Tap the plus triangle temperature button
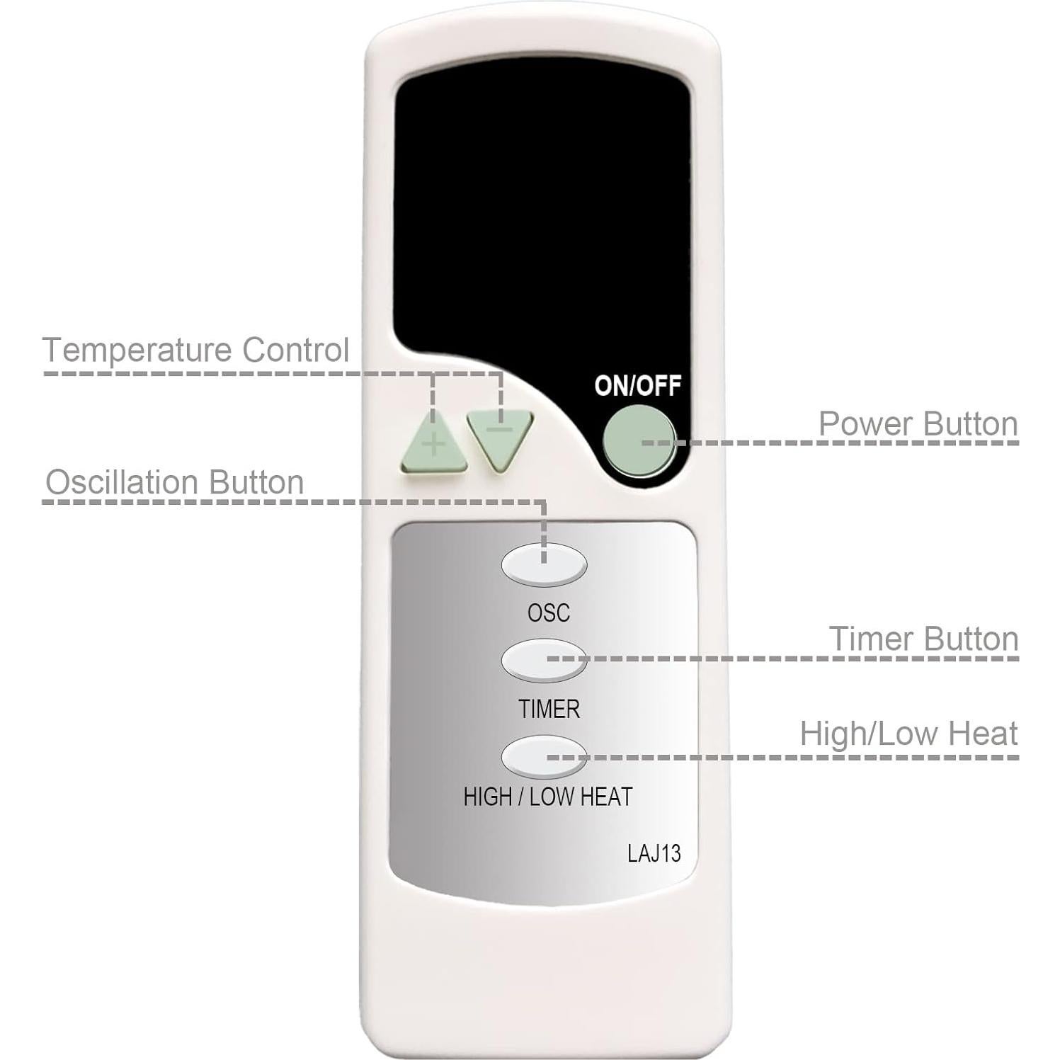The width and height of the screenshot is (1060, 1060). click(433, 447)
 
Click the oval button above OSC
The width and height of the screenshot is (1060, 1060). click(544, 564)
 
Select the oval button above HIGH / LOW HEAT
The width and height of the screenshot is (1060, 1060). click(544, 756)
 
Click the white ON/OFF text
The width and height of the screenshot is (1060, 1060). click(637, 386)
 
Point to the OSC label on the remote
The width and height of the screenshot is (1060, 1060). click(548, 612)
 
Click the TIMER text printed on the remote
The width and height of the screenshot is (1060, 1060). click(549, 709)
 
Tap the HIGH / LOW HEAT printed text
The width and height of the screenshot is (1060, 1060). click(547, 797)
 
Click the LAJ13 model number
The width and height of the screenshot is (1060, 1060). click(654, 853)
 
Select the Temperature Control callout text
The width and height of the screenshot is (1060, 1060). click(196, 350)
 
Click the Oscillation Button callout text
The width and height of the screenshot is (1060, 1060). click(175, 482)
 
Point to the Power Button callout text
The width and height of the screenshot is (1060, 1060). click(918, 423)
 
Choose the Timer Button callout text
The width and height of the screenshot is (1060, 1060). click(923, 639)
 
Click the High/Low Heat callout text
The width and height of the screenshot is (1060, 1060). click(908, 734)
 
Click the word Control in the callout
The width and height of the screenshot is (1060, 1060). click(295, 350)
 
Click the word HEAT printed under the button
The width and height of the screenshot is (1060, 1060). click(605, 797)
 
